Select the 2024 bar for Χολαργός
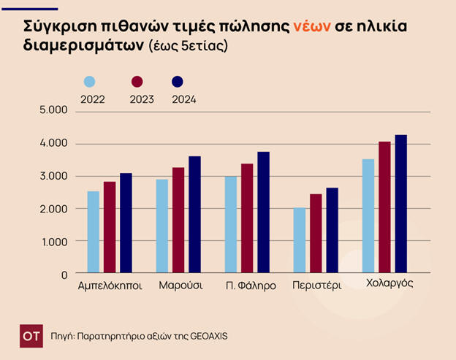tap(400, 204)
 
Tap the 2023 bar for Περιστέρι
tap(316, 234)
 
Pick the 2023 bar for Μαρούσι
tap(178, 221)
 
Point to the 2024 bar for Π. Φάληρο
tap(263, 212)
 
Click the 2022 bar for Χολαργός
tap(368, 216)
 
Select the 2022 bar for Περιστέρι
tap(299, 241)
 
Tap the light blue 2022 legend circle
tap(89, 82)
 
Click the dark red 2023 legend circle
tap(137, 82)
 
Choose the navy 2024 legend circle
tap(177, 82)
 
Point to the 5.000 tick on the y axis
tap(54, 110)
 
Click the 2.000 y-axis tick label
tap(54, 209)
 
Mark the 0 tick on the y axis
tap(64, 274)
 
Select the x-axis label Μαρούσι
tap(180, 286)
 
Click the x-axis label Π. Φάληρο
tap(251, 286)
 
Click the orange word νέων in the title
tap(312, 26)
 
